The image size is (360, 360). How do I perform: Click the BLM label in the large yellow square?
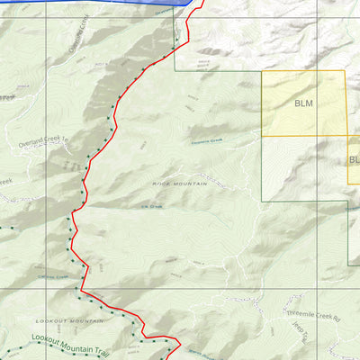[303, 103]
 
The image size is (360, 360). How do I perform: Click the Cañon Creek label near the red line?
[56, 277]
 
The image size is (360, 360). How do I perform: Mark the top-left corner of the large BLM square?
[262, 71]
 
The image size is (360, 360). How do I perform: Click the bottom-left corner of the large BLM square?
[262, 136]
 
